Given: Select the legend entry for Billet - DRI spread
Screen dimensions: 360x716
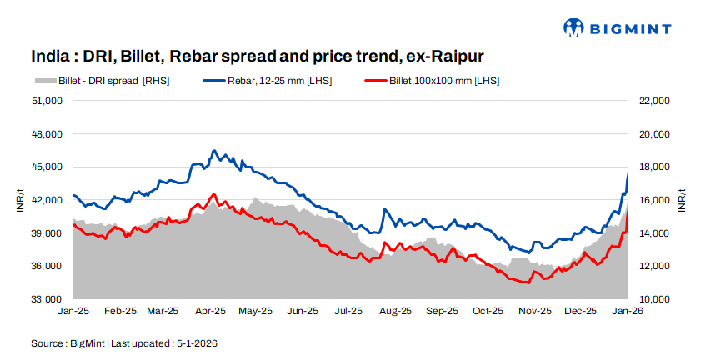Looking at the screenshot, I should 113,81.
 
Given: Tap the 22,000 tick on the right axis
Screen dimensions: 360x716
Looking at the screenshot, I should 653,101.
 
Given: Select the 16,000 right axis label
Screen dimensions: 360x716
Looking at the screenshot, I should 653,200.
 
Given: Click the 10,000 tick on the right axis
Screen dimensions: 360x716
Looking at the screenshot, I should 653,299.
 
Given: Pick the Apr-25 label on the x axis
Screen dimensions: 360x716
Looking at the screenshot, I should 209,312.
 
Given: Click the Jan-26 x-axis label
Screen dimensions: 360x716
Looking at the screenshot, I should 627,312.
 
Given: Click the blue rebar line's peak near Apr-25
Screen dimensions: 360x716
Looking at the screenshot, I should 214,151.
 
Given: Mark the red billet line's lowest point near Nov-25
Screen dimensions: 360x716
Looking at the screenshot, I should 526,282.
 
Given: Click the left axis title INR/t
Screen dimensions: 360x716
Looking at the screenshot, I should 20,200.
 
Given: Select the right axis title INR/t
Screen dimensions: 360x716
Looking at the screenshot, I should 682,200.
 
